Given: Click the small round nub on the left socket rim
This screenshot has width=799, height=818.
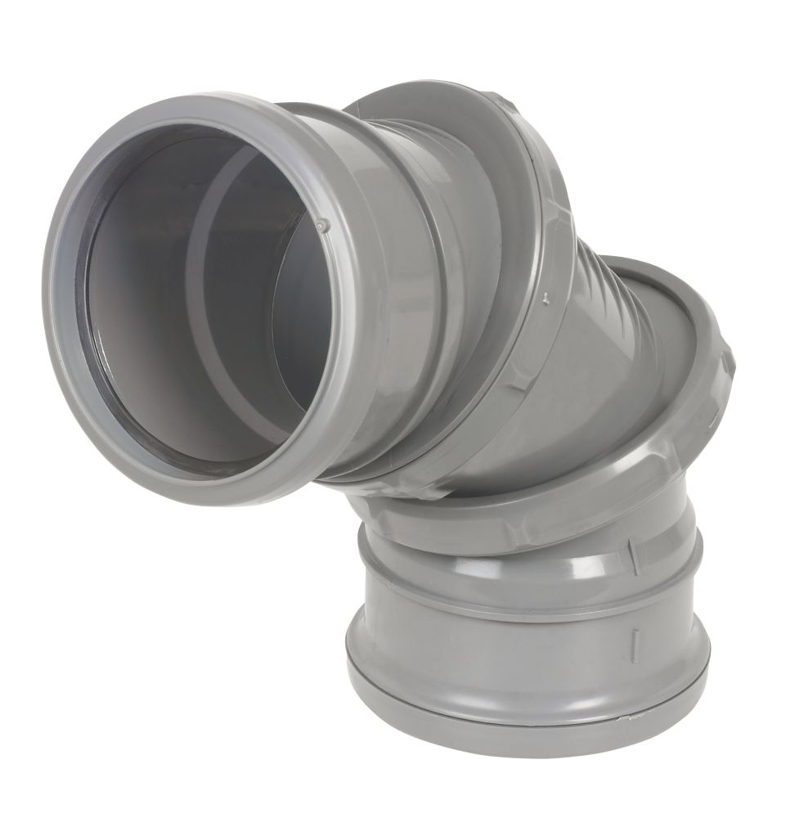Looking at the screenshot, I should point(321,222).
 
